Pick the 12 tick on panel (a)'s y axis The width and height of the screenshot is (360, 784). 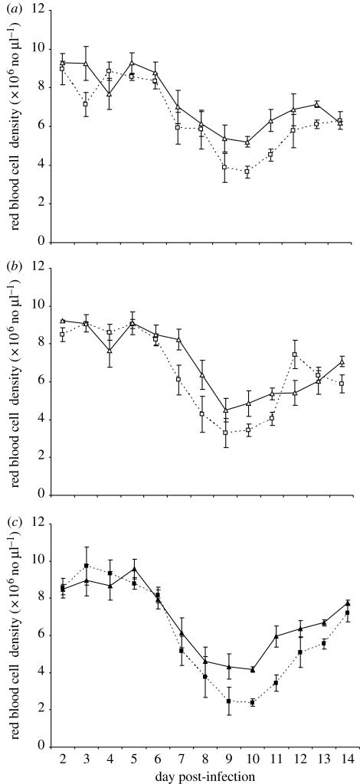tap(40, 11)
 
